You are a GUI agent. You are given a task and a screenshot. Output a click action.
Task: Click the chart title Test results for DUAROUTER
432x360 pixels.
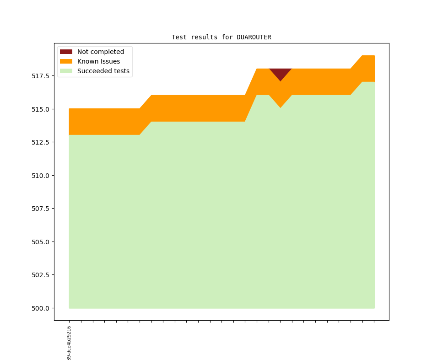[221, 37]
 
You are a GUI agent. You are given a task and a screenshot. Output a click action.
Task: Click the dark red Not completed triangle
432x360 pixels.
[281, 73]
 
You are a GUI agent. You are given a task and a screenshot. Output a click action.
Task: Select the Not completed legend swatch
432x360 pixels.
[66, 52]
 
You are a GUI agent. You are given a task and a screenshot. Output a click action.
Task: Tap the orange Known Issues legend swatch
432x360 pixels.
[66, 61]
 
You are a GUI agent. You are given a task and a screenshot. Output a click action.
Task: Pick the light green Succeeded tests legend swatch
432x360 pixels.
[66, 71]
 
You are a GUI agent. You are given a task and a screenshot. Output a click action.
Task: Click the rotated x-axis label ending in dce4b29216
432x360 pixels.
[69, 343]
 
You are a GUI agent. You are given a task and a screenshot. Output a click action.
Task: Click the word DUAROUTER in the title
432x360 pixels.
[254, 37]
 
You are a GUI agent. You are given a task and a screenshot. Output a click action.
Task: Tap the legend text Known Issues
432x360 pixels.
[98, 61]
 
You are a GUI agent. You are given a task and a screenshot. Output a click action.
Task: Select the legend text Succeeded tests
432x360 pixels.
[103, 71]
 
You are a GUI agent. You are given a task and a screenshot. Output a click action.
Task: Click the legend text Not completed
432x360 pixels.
[100, 52]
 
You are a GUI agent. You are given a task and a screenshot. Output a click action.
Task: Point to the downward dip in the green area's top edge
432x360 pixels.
[281, 107]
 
